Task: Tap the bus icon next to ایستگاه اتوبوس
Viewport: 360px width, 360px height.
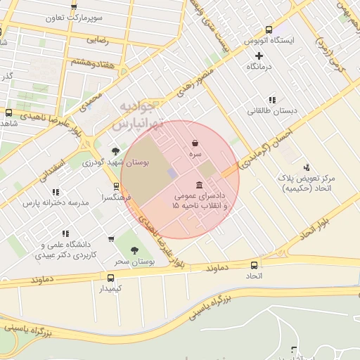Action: (269, 30)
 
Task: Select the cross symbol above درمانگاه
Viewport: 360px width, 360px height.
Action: (259, 56)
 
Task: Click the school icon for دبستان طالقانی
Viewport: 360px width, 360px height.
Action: (272, 100)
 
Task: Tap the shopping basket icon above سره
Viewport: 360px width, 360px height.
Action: (194, 143)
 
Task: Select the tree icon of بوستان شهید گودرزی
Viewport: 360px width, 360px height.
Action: (115, 151)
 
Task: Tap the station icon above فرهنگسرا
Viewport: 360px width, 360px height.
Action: (115, 188)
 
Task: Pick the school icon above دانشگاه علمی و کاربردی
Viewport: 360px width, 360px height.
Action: (65, 233)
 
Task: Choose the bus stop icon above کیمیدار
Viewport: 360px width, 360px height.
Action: (110, 278)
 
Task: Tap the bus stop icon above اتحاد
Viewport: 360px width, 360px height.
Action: (254, 265)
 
